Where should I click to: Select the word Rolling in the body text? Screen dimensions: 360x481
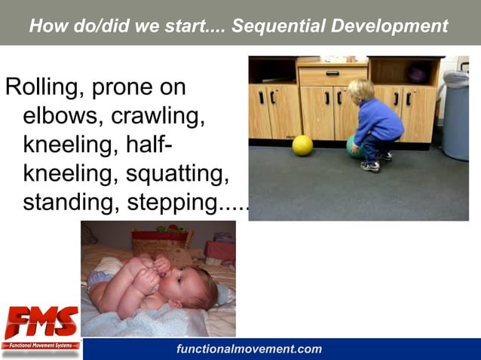(x=44, y=88)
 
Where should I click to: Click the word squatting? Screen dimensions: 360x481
(x=177, y=174)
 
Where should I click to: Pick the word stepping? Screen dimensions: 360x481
(x=193, y=203)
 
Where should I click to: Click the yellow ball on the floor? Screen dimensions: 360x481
(x=302, y=145)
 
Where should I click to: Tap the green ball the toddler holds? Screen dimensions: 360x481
(x=353, y=147)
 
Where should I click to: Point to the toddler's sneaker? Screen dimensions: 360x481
(x=370, y=166)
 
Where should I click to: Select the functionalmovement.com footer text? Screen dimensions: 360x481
(x=249, y=349)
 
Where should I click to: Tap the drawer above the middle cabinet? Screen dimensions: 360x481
(x=332, y=74)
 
